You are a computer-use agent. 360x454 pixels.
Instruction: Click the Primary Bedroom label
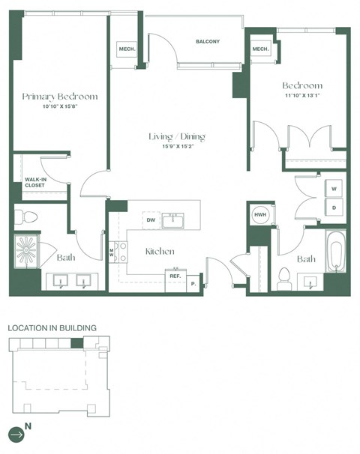pos(59,97)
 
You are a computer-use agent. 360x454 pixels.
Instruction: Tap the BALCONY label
pos(207,42)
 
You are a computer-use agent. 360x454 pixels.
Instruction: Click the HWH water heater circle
pos(260,214)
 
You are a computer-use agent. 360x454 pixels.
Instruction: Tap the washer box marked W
pos(334,187)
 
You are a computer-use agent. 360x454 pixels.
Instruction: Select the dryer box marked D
pos(334,206)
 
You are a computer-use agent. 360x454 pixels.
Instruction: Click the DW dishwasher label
pos(151,220)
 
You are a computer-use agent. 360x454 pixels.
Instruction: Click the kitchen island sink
pos(175,220)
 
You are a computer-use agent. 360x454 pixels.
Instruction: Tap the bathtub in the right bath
pos(335,253)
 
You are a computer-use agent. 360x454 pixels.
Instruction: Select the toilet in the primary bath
pos(28,217)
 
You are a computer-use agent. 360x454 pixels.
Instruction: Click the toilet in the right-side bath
pos(284,277)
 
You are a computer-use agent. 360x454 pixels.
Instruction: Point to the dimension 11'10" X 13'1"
pos(301,95)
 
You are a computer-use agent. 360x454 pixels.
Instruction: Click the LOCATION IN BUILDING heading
pos(52,328)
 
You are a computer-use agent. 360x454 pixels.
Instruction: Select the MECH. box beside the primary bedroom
pos(125,49)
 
